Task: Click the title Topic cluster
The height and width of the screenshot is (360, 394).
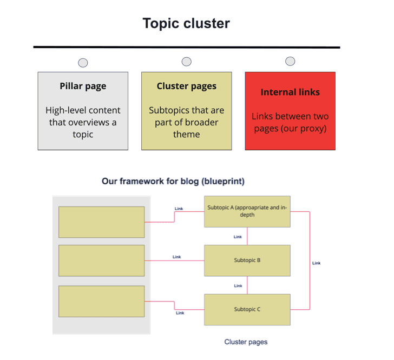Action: point(186,24)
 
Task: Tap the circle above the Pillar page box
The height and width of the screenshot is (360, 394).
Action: point(83,63)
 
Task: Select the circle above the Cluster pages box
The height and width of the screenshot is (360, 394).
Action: point(186,62)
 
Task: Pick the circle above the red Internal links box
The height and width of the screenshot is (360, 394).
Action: point(290,61)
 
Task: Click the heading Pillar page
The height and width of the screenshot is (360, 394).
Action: point(83,86)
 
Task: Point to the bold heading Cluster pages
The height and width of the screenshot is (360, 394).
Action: point(186,86)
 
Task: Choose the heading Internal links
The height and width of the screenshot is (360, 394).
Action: point(290,92)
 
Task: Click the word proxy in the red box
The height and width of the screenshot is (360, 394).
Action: point(313,129)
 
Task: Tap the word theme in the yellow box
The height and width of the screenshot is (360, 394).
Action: point(186,135)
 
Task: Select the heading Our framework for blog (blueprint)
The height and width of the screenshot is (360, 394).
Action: point(173,181)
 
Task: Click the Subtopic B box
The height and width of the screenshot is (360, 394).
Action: point(247,261)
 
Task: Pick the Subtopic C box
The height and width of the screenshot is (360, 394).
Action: point(247,310)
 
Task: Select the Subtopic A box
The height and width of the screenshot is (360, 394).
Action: point(247,212)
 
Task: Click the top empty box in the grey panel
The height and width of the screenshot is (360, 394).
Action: point(102,222)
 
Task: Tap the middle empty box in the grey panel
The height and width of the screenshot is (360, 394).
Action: point(102,261)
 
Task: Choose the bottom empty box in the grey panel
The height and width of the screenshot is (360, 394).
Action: point(102,301)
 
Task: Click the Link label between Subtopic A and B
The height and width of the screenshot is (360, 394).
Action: point(238,237)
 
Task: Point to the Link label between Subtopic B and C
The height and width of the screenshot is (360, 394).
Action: point(238,286)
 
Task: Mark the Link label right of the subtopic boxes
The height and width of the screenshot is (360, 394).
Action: point(317,263)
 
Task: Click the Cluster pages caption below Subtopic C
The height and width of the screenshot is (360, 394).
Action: point(246,342)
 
